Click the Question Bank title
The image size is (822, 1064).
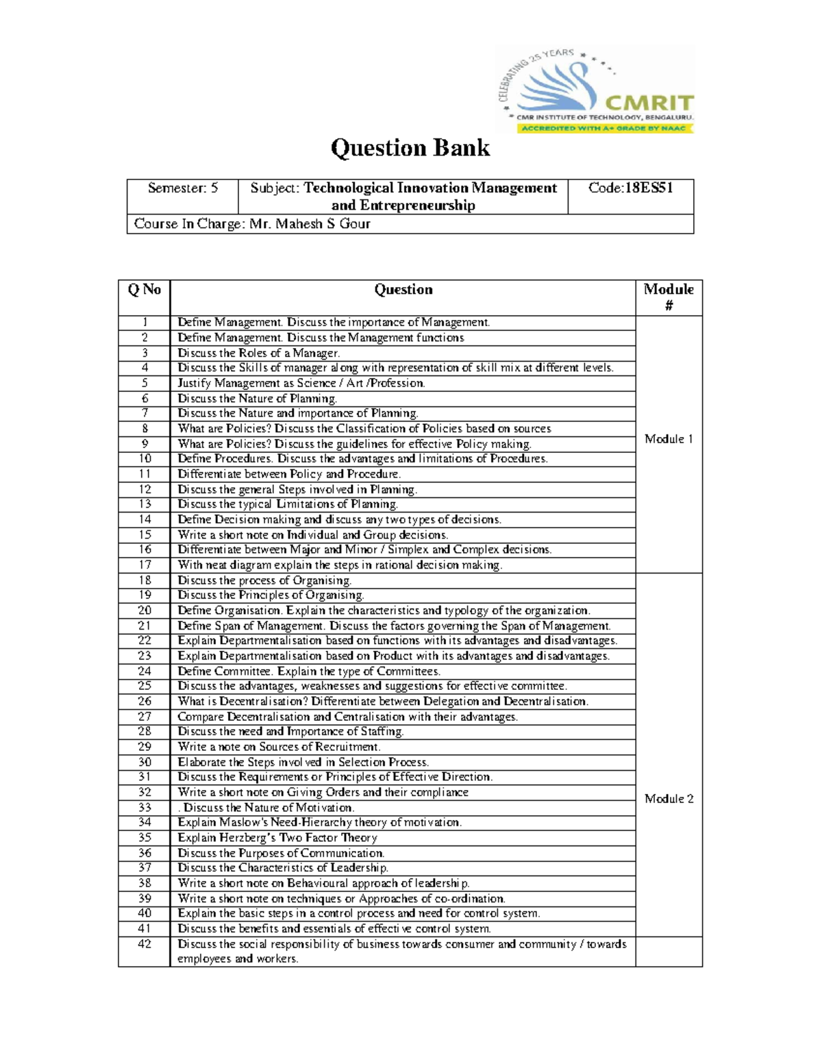(410, 148)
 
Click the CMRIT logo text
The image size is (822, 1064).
(649, 103)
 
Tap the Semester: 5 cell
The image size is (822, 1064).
(183, 188)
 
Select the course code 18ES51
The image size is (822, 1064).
(645, 188)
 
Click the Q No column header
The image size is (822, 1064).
(144, 290)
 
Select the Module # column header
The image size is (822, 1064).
(669, 297)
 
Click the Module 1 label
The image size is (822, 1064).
(669, 439)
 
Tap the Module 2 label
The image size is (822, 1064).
(669, 799)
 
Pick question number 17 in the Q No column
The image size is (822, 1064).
(145, 565)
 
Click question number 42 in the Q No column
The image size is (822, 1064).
(145, 944)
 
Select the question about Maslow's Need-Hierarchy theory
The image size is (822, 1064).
(319, 822)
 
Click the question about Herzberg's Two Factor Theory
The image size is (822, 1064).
(277, 838)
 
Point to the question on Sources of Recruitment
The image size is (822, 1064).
(279, 747)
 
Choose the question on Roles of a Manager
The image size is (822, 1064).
(258, 354)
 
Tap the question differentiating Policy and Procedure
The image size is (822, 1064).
(289, 474)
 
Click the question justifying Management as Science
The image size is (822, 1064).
(301, 384)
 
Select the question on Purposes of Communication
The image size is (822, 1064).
(281, 853)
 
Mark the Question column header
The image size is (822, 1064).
(403, 290)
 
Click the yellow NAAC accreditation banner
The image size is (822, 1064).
(604, 128)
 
